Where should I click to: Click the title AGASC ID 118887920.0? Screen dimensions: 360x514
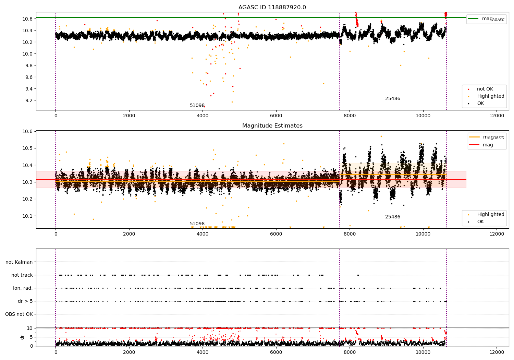(x=272, y=8)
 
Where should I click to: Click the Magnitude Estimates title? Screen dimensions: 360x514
(x=272, y=126)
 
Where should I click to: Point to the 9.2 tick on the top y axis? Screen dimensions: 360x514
(x=28, y=100)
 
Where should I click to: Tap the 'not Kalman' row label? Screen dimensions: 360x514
(x=19, y=262)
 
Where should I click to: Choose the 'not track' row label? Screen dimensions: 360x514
(x=22, y=275)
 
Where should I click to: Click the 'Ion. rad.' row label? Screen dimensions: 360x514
(x=23, y=288)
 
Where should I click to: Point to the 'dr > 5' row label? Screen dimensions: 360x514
(x=25, y=301)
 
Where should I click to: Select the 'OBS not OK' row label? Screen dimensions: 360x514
(x=19, y=314)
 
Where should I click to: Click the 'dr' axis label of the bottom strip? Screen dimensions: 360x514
(x=22, y=337)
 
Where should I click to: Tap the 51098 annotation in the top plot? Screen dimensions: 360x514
(x=197, y=105)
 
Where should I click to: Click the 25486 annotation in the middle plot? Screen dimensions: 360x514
(x=393, y=217)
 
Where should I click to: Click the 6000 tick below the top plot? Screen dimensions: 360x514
(x=276, y=116)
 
